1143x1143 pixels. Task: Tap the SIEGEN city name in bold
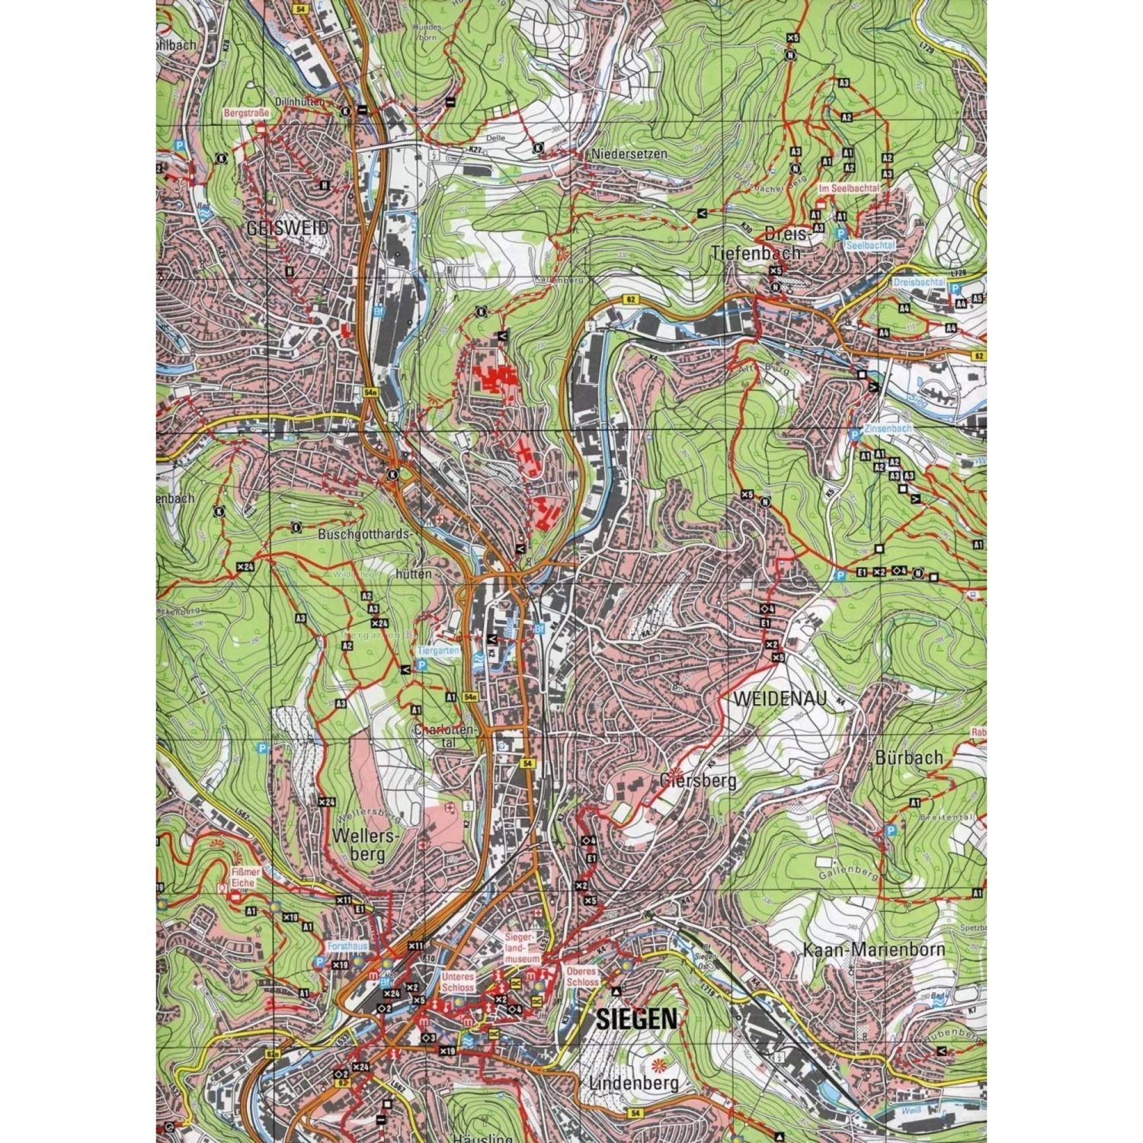point(636,1018)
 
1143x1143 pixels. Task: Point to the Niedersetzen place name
point(629,153)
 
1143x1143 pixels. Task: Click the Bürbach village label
point(908,757)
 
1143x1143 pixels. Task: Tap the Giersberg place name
point(699,780)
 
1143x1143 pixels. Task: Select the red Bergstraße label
point(246,113)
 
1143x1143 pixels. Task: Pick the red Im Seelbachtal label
point(849,187)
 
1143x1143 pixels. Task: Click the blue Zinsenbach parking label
point(888,428)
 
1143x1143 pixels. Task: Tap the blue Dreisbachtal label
point(919,282)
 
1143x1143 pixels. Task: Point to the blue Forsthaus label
point(347,946)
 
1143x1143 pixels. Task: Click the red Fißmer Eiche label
point(245,877)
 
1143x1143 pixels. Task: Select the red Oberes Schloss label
point(583,977)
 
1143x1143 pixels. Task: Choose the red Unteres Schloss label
point(457,981)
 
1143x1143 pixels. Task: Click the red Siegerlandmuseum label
point(522,947)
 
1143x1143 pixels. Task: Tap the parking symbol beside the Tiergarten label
point(421,664)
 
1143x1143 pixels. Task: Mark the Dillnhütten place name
point(301,101)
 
